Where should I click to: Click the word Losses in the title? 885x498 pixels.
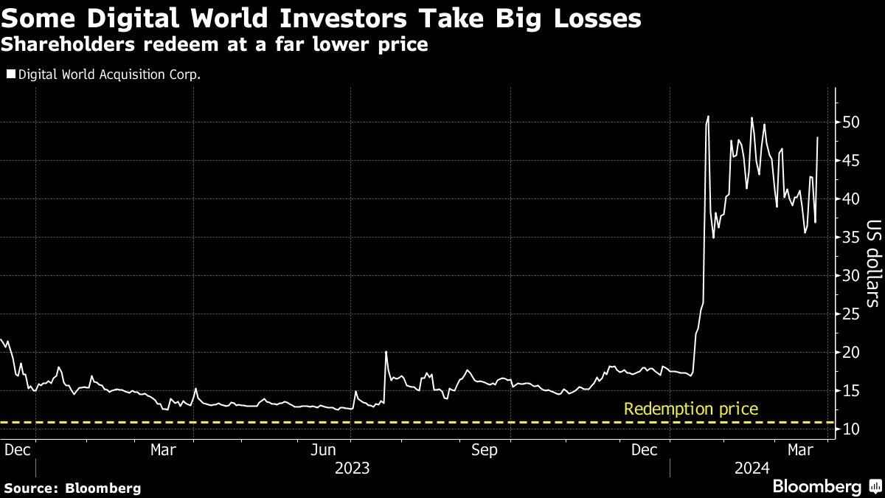(x=589, y=17)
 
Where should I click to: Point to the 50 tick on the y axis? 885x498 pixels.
(x=850, y=122)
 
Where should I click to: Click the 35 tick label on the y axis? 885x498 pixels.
(x=850, y=238)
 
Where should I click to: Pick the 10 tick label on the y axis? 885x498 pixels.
(x=850, y=429)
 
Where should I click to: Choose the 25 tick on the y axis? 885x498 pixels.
(x=850, y=314)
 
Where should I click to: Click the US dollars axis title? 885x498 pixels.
(x=873, y=263)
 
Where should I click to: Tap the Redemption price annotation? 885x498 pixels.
(x=690, y=409)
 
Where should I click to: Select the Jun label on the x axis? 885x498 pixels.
(x=324, y=449)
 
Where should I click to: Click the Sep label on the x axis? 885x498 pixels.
(x=485, y=449)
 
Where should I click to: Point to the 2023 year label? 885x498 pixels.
(x=352, y=468)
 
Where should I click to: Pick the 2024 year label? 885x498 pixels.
(x=752, y=468)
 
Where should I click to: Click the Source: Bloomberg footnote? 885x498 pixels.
(x=72, y=488)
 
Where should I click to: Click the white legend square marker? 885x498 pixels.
(x=10, y=74)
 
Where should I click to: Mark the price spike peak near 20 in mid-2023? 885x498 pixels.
(x=386, y=352)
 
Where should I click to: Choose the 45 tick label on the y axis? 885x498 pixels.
(x=850, y=161)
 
